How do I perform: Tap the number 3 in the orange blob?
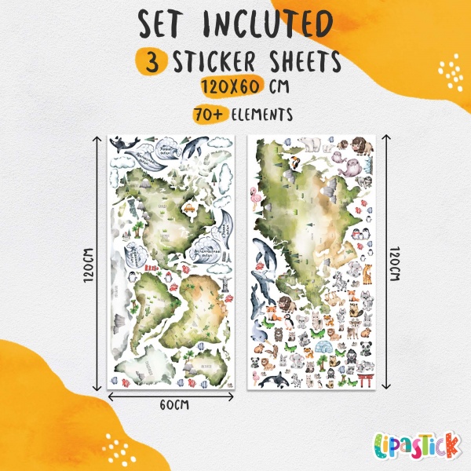click(149, 62)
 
